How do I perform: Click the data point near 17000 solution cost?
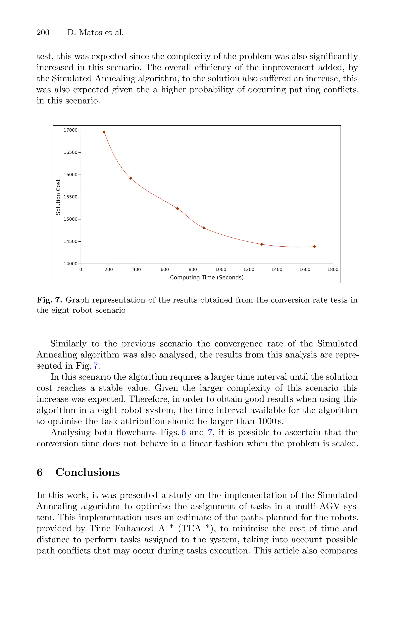(x=104, y=132)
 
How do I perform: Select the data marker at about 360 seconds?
(x=131, y=178)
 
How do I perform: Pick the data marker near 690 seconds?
(x=177, y=208)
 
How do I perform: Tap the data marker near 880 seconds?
(x=204, y=228)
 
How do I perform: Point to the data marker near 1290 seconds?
(x=262, y=244)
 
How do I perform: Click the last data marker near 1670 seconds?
(x=314, y=247)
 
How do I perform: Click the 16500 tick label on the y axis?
(x=71, y=152)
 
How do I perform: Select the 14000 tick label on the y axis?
(x=71, y=264)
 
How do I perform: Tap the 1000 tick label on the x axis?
(x=221, y=269)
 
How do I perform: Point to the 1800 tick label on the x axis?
(x=332, y=269)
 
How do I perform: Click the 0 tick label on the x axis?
(x=81, y=269)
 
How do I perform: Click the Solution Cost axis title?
(x=58, y=197)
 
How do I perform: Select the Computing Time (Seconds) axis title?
(x=207, y=278)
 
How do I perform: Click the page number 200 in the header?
(x=43, y=33)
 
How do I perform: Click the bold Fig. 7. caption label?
(x=49, y=300)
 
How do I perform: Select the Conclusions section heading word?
(x=88, y=472)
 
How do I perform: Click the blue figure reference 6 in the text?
(x=183, y=433)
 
